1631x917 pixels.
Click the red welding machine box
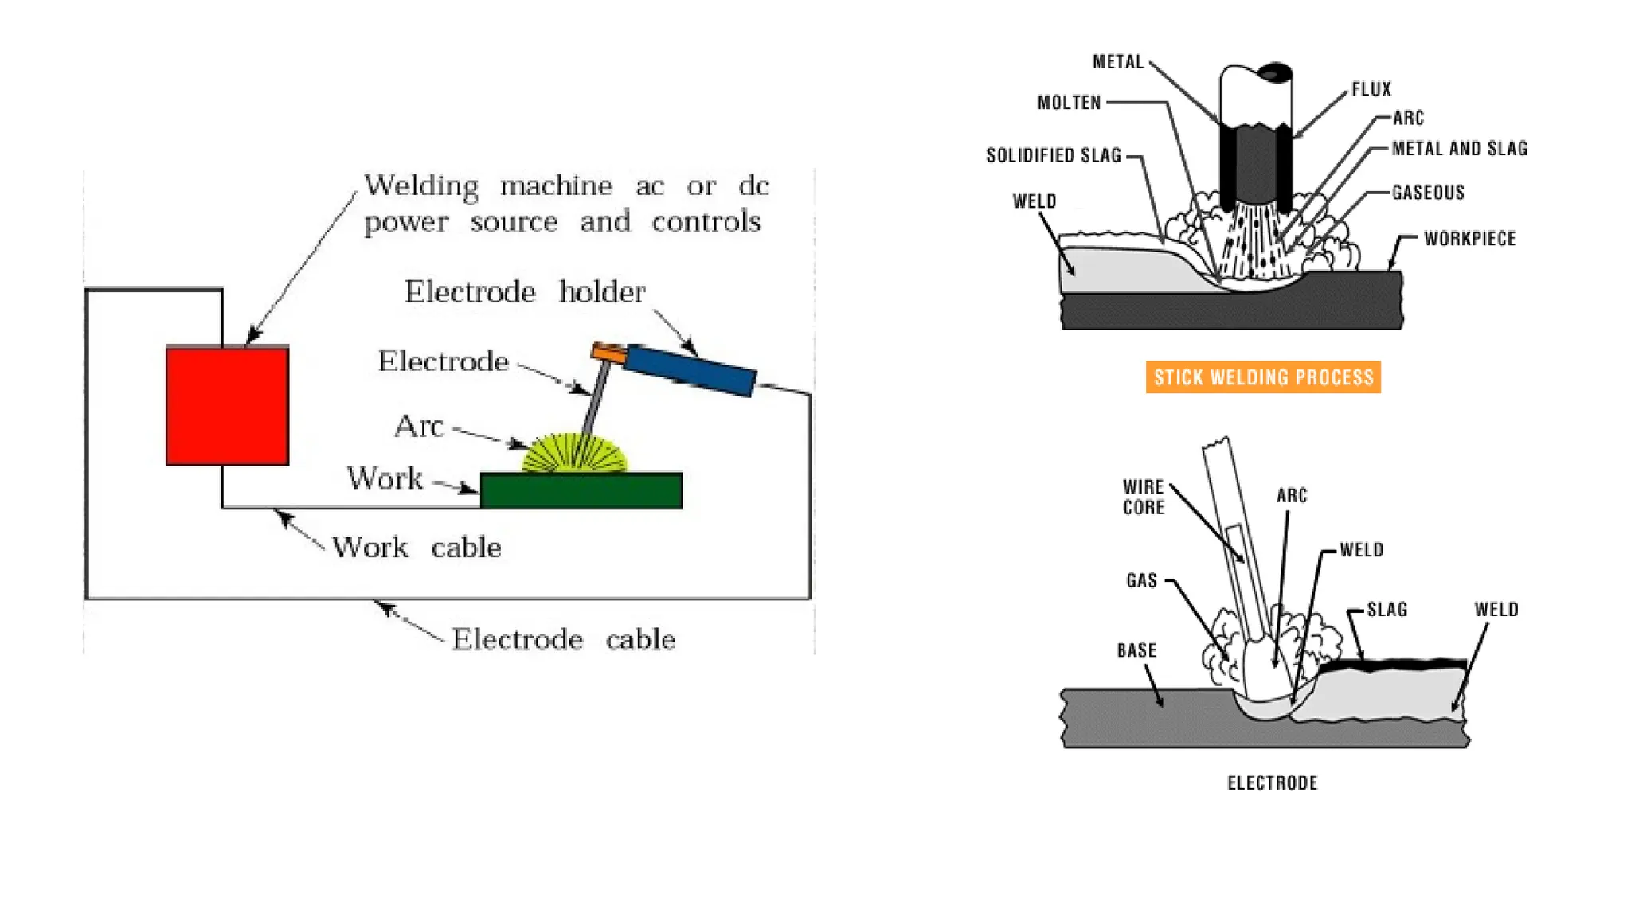227,405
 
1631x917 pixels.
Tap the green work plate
581,491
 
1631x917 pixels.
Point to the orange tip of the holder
608,352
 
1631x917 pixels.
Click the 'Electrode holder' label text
524,292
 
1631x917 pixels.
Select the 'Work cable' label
417,548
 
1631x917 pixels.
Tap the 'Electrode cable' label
563,639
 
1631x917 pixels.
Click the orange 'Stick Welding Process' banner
1263,377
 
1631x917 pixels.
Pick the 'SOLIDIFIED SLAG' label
1053,155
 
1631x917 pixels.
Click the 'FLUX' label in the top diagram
1371,89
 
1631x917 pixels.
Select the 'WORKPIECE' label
1469,239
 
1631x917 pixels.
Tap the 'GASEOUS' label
1428,193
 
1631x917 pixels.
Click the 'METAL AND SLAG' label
1459,149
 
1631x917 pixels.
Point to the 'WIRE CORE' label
1144,498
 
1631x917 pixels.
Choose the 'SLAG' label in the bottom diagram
1387,610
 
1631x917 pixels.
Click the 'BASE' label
1136,650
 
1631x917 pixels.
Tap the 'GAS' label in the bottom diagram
1141,580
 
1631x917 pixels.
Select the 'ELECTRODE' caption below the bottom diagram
1272,783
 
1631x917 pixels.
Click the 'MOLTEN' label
1069,103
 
